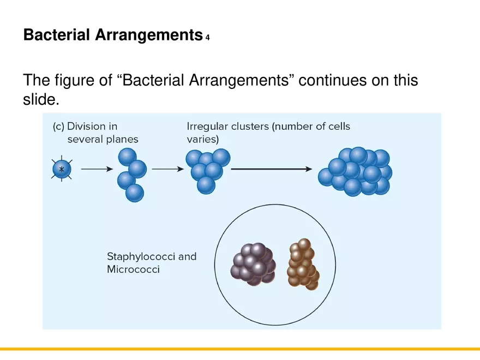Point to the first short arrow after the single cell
[93, 169]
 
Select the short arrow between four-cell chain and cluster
[167, 169]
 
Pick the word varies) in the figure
[202, 140]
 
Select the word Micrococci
[133, 269]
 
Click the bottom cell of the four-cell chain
[134, 193]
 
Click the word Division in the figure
[92, 127]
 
